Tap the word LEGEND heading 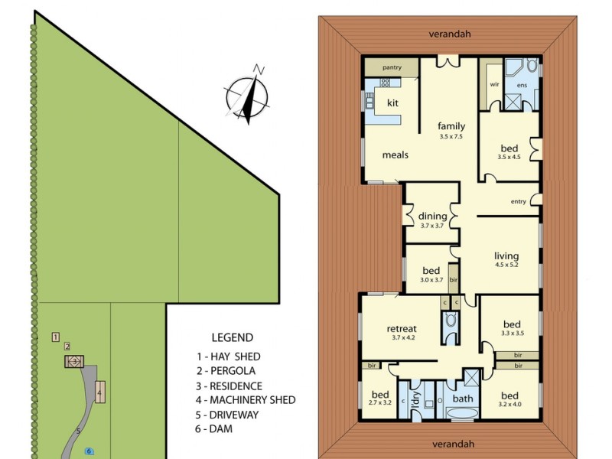pyautogui.click(x=232, y=337)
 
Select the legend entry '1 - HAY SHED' pyautogui.click(x=228, y=356)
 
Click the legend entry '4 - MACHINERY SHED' pyautogui.click(x=246, y=399)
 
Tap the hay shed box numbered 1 pyautogui.click(x=55, y=337)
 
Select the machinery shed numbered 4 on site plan pyautogui.click(x=99, y=392)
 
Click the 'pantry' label pyautogui.click(x=392, y=67)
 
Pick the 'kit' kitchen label pyautogui.click(x=392, y=102)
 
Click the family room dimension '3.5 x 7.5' pyautogui.click(x=451, y=137)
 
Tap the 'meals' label pyautogui.click(x=396, y=155)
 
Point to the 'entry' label pyautogui.click(x=519, y=202)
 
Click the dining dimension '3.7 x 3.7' pyautogui.click(x=432, y=226)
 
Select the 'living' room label pyautogui.click(x=506, y=256)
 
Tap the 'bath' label pyautogui.click(x=463, y=399)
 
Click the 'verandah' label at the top pyautogui.click(x=450, y=34)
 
